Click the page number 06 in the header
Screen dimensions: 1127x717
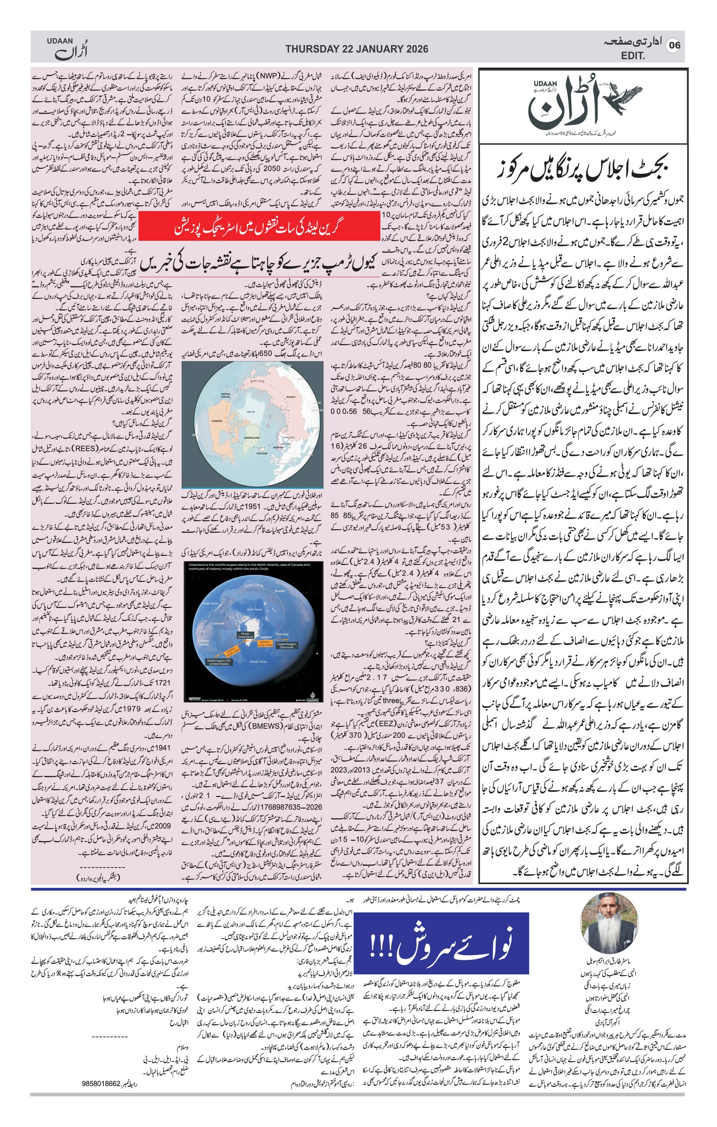(x=674, y=45)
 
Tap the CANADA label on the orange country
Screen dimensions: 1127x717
(x=217, y=421)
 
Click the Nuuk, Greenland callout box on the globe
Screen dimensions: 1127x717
(x=245, y=636)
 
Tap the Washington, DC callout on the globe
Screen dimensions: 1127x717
(x=218, y=662)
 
